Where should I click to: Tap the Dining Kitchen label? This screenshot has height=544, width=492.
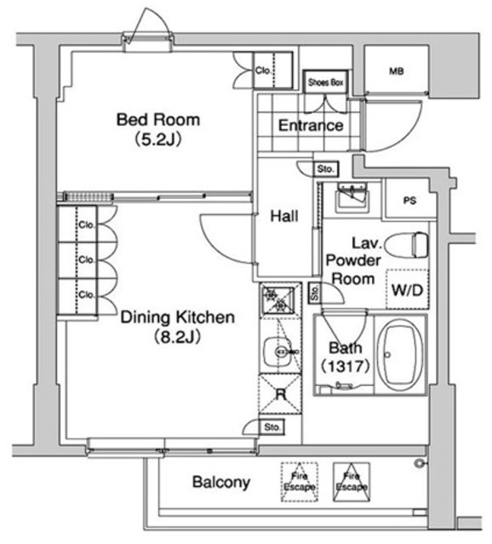click(x=176, y=318)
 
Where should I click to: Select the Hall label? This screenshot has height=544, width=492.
click(x=283, y=217)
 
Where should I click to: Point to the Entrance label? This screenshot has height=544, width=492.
click(x=311, y=126)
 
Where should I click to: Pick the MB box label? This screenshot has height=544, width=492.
click(x=396, y=71)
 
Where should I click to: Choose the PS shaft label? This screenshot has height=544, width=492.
click(x=410, y=201)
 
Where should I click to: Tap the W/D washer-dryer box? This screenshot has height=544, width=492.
click(x=407, y=290)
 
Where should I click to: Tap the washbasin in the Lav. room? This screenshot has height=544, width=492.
click(x=349, y=198)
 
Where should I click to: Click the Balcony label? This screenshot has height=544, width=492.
click(x=220, y=483)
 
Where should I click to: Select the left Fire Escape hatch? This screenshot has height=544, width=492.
click(x=299, y=481)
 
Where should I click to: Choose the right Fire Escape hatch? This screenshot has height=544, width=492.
click(x=350, y=481)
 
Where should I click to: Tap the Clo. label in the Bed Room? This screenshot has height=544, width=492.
click(x=263, y=71)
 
